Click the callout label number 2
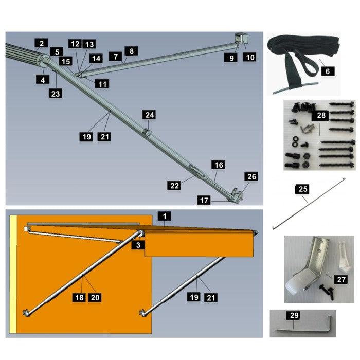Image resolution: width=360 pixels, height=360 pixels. (41, 43)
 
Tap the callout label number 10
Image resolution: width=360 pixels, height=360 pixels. (249, 57)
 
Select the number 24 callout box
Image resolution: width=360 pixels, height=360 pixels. (150, 115)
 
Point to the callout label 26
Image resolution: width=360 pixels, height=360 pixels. (251, 177)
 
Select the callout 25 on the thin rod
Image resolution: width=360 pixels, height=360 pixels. (303, 190)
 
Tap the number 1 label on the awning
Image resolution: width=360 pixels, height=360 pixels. (164, 216)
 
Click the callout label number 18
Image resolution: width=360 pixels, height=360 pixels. (78, 297)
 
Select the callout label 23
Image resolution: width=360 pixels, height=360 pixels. (56, 93)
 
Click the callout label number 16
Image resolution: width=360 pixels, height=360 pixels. (219, 165)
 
